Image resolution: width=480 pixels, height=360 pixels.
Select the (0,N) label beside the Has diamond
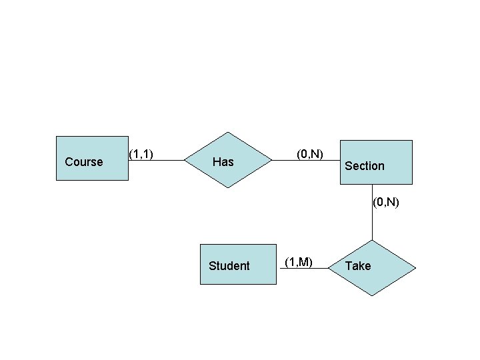pos(310,154)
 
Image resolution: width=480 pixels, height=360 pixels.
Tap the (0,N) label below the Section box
pos(386,201)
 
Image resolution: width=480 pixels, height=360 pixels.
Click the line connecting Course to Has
pos(157,161)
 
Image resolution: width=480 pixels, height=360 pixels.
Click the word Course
pos(84,162)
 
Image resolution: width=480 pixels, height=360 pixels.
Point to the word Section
pos(365,166)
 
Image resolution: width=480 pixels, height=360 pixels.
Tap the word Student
pos(229,266)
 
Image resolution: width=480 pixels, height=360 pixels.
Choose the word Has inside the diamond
pos(223,162)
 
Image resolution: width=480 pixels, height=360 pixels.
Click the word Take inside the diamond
pos(358,266)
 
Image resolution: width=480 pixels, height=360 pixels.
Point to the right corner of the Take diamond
pos(416,268)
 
